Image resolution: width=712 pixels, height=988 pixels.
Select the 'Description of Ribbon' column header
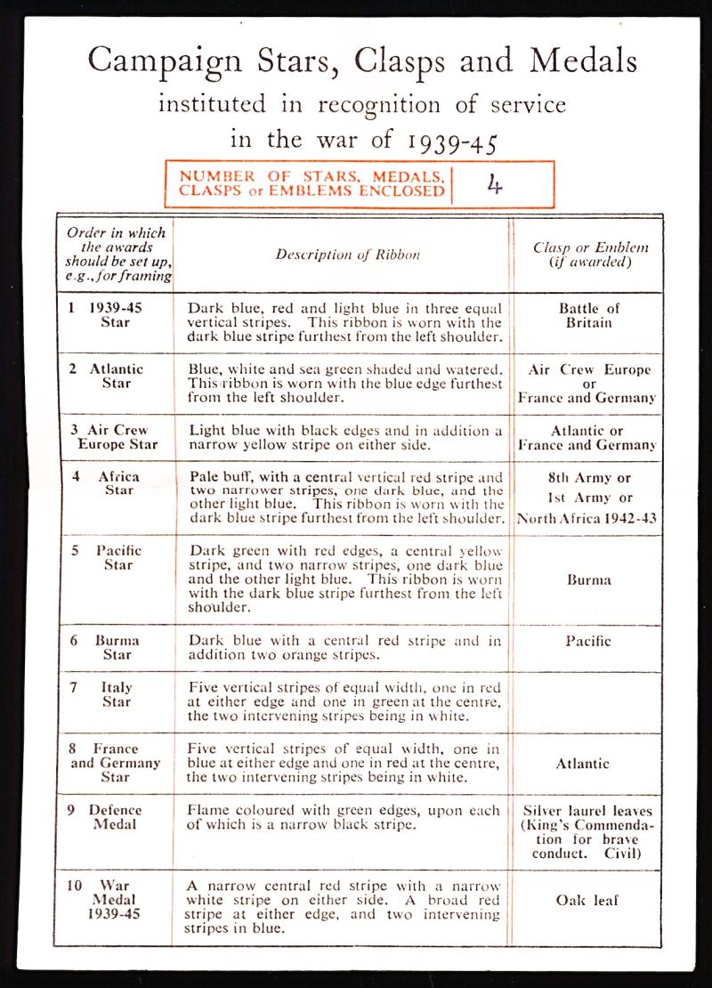(347, 255)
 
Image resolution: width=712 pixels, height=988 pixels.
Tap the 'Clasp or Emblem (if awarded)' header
(590, 255)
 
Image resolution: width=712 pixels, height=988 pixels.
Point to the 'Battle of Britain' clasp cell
(589, 316)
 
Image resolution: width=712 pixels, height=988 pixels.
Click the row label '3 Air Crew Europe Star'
(116, 437)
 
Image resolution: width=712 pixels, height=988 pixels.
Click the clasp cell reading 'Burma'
(589, 580)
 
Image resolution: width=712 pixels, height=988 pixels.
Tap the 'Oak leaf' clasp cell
(587, 900)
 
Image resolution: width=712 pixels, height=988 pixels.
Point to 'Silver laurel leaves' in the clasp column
(588, 811)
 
